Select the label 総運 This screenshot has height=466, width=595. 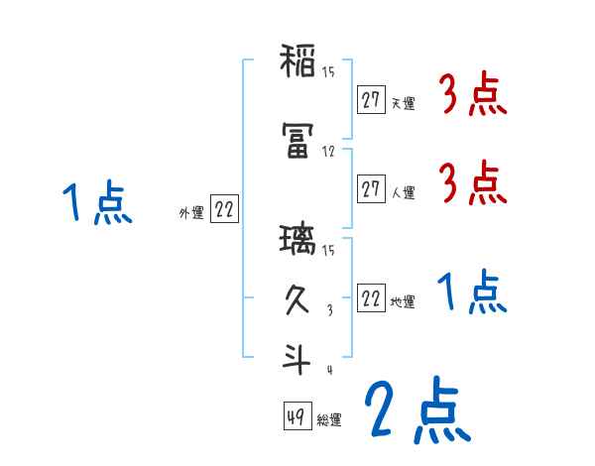(x=329, y=418)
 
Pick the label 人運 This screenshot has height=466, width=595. (x=403, y=191)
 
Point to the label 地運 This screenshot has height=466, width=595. (x=403, y=301)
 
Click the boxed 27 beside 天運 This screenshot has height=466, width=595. (x=371, y=100)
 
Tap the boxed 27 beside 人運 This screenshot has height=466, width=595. (x=371, y=188)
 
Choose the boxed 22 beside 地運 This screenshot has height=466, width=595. (x=371, y=298)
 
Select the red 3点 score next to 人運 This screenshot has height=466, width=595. (x=472, y=184)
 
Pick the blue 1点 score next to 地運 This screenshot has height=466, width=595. (x=472, y=292)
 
